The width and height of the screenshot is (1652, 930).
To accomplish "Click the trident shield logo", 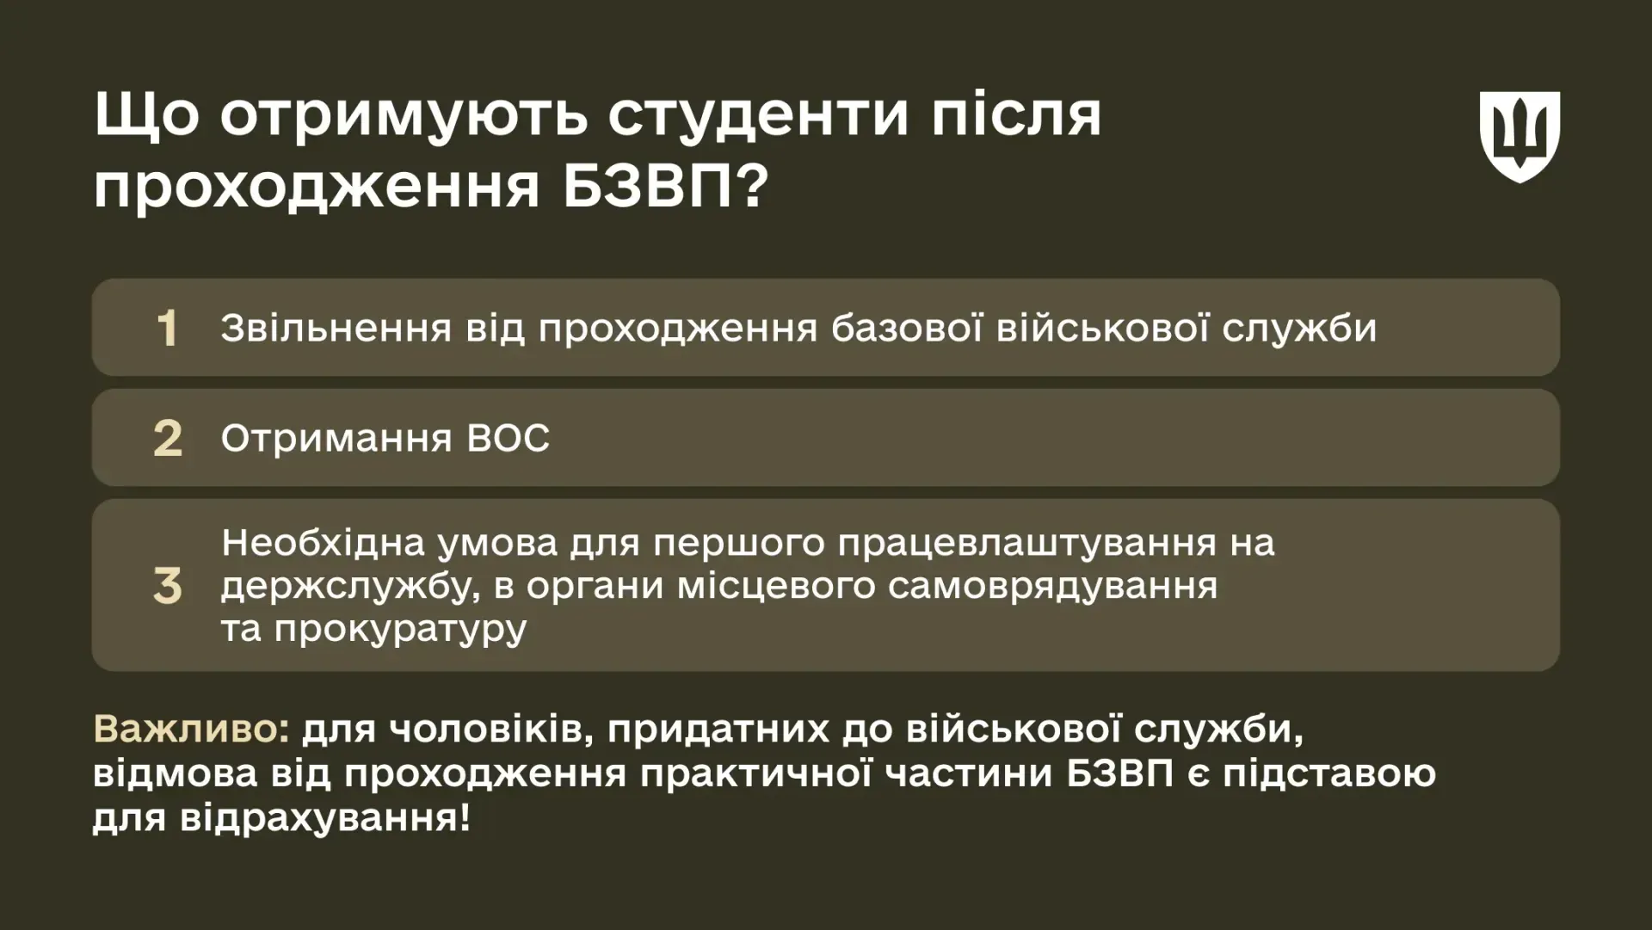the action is pyautogui.click(x=1519, y=137).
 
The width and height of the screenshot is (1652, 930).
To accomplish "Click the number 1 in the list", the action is pyautogui.click(x=167, y=329).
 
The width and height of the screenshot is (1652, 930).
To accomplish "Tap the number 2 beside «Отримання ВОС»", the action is pyautogui.click(x=168, y=439).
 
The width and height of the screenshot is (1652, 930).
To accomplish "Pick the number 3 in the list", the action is pyautogui.click(x=168, y=586).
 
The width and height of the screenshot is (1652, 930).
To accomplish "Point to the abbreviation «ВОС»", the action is pyautogui.click(x=508, y=439).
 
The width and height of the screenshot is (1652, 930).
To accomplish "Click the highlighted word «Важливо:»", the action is pyautogui.click(x=191, y=729).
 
